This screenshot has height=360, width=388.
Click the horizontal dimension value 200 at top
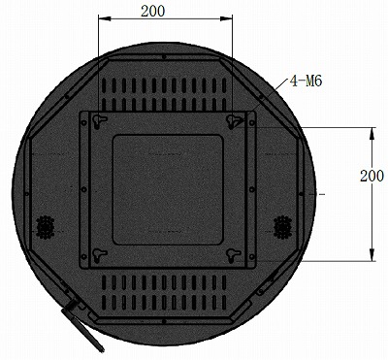(x=151, y=11)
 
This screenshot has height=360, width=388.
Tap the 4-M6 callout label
(x=305, y=82)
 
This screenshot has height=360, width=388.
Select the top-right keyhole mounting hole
(x=234, y=119)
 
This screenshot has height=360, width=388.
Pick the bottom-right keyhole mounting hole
(x=234, y=253)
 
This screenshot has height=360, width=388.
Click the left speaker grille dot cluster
(x=44, y=225)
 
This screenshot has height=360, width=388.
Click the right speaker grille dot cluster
(x=283, y=224)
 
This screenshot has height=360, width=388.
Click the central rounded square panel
(x=168, y=188)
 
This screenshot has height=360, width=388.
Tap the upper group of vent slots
(x=166, y=91)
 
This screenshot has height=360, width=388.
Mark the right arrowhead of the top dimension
(x=228, y=19)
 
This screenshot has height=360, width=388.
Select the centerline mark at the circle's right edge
(x=312, y=195)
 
